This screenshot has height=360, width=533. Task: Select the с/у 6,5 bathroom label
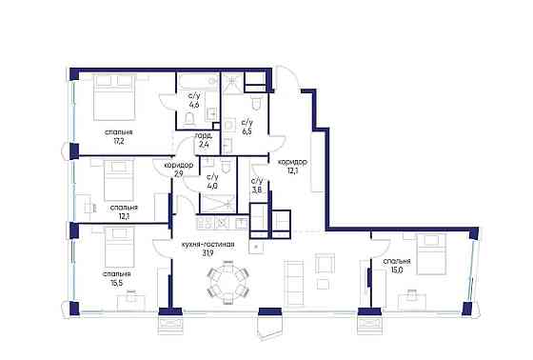[247, 127]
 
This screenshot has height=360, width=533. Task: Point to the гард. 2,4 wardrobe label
[203, 140]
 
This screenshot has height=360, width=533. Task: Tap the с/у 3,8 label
[257, 185]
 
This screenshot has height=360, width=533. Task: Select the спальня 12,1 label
[124, 210]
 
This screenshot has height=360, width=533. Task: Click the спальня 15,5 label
[120, 278]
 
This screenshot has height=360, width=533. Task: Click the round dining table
[227, 281]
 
